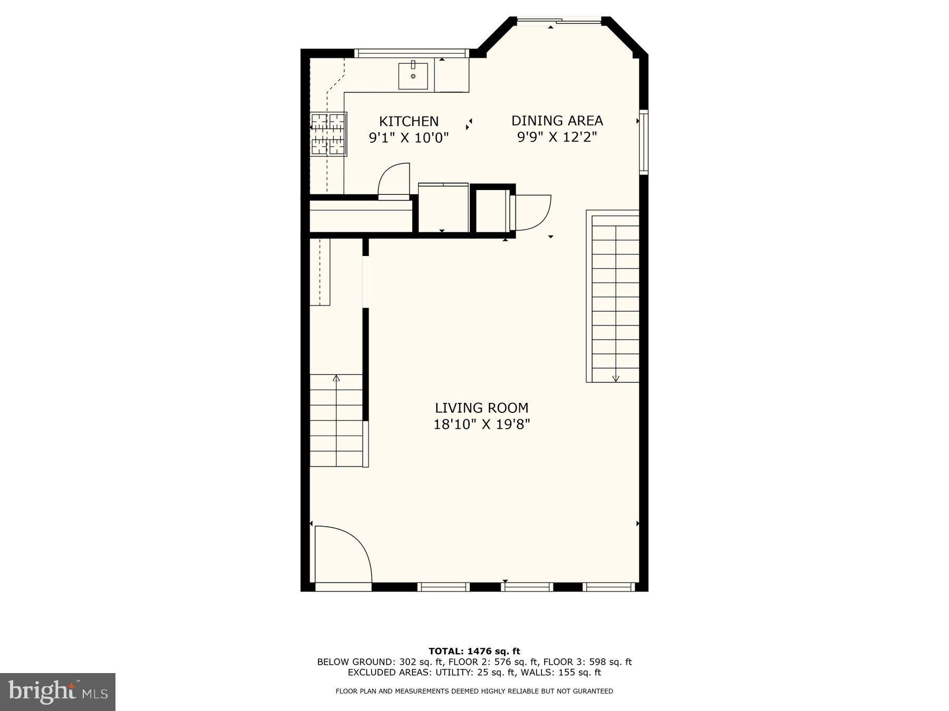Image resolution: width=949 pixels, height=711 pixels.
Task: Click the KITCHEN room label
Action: pyautogui.click(x=409, y=121)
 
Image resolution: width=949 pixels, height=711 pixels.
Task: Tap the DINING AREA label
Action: pyautogui.click(x=557, y=121)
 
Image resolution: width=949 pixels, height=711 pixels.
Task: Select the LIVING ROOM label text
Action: pyautogui.click(x=481, y=408)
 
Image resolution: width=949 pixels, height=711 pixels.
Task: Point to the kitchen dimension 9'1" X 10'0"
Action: pyautogui.click(x=409, y=138)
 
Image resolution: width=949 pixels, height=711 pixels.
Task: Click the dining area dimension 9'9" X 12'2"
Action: pyautogui.click(x=557, y=137)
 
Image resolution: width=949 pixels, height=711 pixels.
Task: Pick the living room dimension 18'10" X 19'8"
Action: pyautogui.click(x=481, y=424)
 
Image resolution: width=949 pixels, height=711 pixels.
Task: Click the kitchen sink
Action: pyautogui.click(x=413, y=76)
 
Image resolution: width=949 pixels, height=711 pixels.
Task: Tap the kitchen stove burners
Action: pyautogui.click(x=328, y=134)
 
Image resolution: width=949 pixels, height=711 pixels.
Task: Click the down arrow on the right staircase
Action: pyautogui.click(x=615, y=378)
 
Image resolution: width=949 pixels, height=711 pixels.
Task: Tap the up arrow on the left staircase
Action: pyautogui.click(x=336, y=378)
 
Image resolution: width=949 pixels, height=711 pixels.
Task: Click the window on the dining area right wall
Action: pyautogui.click(x=644, y=141)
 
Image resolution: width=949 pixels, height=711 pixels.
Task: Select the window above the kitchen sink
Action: pyautogui.click(x=411, y=53)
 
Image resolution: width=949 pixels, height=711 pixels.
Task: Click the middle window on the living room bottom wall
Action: pyautogui.click(x=526, y=587)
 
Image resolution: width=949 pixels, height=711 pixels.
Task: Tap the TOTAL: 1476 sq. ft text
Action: pyautogui.click(x=474, y=651)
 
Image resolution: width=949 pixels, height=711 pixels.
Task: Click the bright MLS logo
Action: pyautogui.click(x=57, y=692)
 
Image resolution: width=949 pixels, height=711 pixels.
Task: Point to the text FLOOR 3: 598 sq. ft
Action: pyautogui.click(x=587, y=662)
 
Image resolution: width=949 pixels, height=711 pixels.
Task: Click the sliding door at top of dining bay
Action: pyautogui.click(x=559, y=21)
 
